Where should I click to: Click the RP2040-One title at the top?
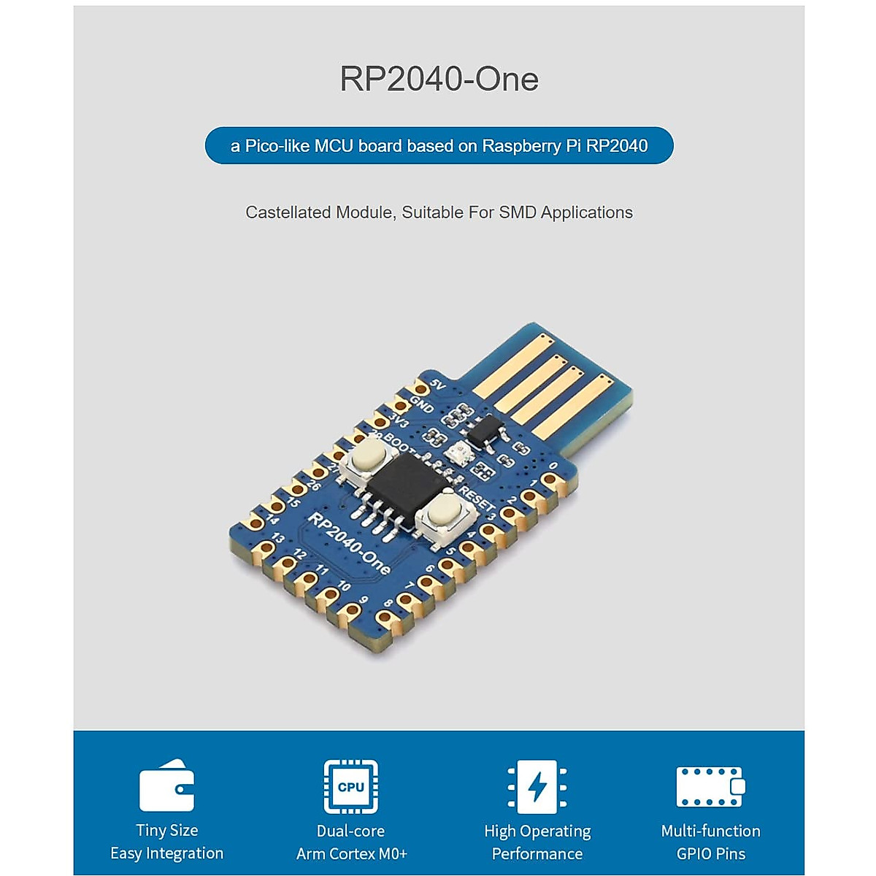click(439, 79)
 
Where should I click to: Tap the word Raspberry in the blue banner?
click(521, 146)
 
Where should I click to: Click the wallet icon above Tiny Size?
click(167, 786)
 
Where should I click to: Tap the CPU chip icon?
click(351, 787)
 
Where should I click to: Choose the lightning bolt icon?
click(537, 787)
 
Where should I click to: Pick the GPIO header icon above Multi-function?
click(710, 786)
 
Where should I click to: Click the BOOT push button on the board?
click(369, 458)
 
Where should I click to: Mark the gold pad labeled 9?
click(352, 610)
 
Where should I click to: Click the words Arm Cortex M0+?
click(351, 853)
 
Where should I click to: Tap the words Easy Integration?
click(167, 853)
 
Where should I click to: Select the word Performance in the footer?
click(537, 853)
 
